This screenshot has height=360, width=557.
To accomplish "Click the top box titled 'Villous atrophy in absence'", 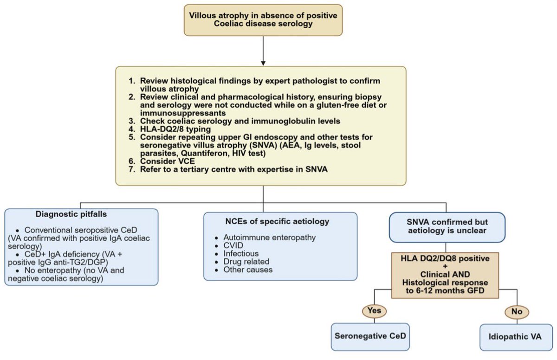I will (263, 20).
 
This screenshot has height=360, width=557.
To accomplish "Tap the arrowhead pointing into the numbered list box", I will (263, 62).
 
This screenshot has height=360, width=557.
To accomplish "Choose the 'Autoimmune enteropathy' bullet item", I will (269, 238).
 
